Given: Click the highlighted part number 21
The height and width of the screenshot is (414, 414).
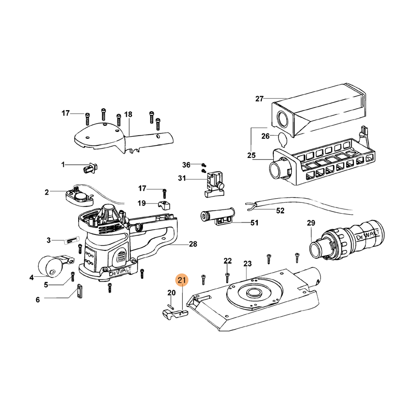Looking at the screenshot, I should tap(182, 280).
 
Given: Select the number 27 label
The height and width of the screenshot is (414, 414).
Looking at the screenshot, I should tap(260, 98).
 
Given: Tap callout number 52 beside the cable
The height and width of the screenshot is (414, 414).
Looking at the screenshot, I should tap(280, 211).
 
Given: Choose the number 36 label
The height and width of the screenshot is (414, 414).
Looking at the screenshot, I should tap(187, 165).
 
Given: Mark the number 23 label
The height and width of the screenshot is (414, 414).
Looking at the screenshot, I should tap(247, 264).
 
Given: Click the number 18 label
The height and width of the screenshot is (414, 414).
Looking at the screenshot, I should tap(128, 114).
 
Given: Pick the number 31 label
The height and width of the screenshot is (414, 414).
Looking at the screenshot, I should tap(182, 179).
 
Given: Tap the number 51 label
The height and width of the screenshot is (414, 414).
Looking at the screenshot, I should tap(254, 223).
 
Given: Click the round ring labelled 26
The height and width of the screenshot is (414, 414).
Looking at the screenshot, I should tap(282, 139).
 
